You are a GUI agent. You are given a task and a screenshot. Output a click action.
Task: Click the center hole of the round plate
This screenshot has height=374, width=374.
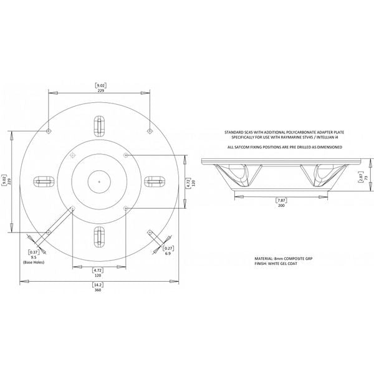[98, 181]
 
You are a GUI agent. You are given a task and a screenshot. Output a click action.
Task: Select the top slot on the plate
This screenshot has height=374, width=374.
[98, 126]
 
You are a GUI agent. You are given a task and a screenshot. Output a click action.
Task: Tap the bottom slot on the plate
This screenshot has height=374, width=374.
[98, 236]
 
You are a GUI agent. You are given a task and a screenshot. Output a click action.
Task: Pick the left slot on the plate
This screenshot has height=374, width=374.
[44, 181]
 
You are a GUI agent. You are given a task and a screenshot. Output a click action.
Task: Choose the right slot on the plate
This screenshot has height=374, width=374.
[153, 181]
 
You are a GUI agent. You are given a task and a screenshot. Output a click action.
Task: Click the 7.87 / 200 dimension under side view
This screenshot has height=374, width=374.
[280, 203]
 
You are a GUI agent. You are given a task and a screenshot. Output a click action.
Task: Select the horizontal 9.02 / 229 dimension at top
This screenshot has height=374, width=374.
[99, 87]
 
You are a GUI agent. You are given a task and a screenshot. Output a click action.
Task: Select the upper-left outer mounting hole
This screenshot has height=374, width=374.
[49, 131]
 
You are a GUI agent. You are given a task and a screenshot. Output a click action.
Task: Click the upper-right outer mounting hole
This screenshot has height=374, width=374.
[148, 131]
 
